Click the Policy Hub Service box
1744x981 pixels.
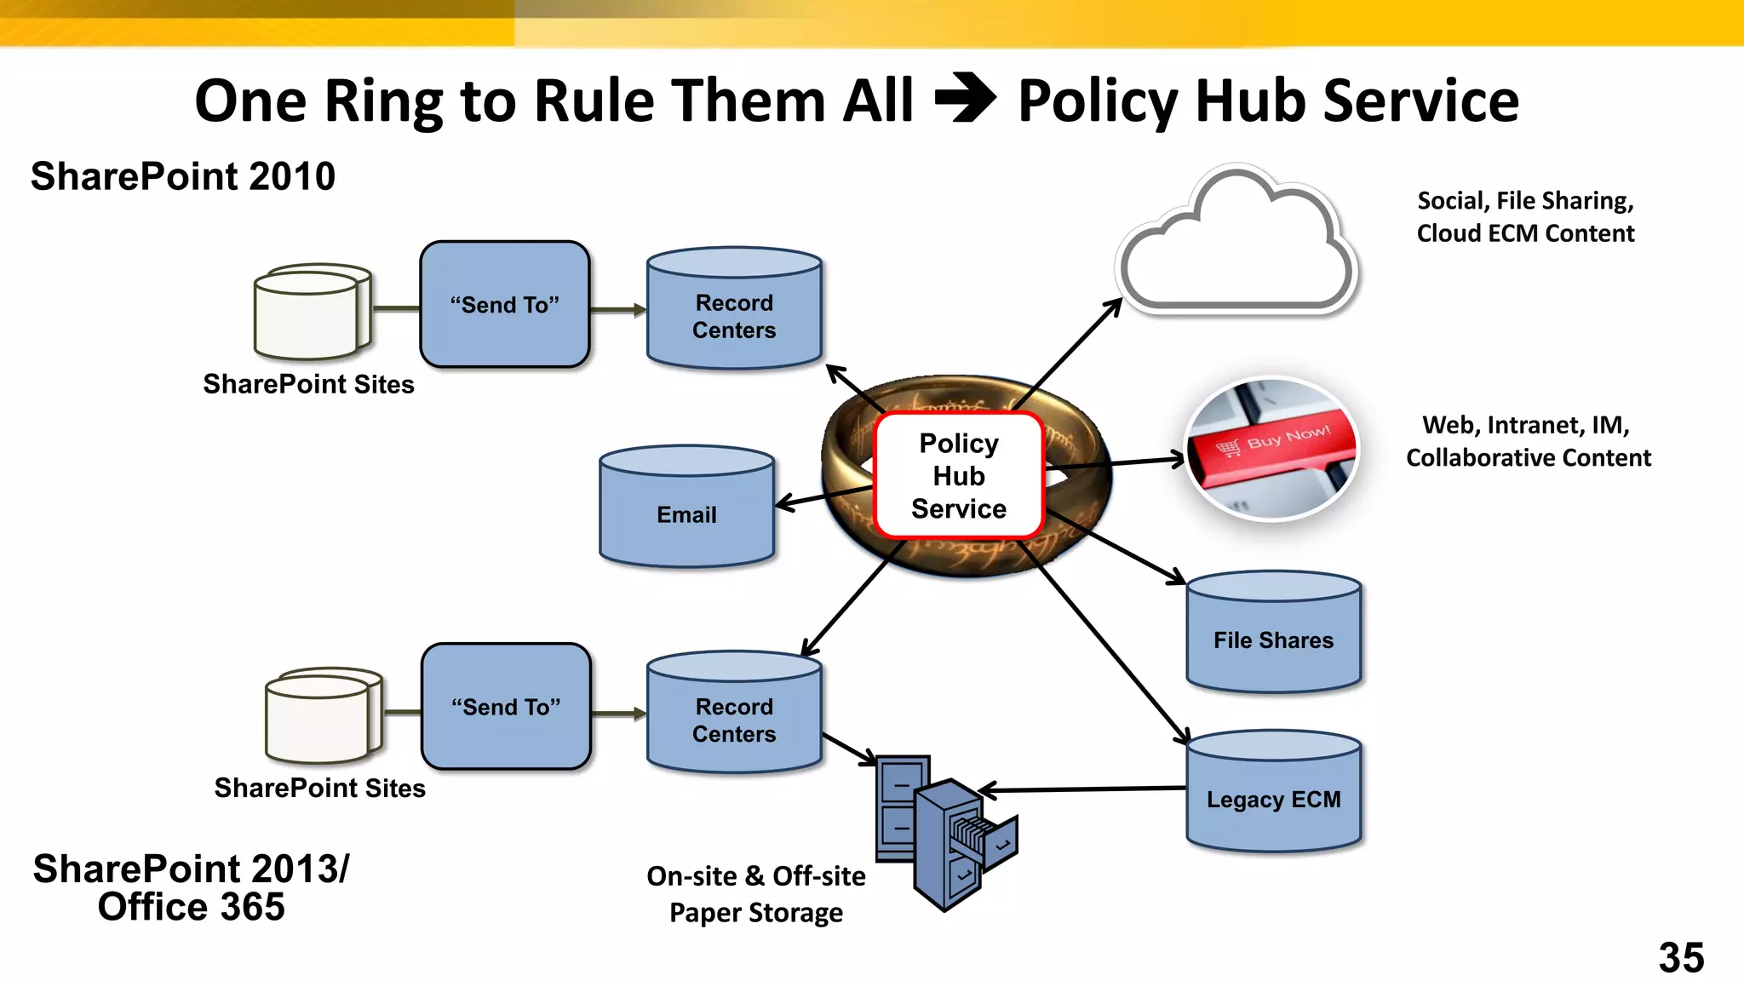[959, 475]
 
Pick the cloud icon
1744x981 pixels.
[1236, 247]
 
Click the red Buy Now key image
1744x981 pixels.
[1272, 449]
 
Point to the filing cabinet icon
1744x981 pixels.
[944, 830]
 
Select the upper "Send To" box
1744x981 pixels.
[505, 304]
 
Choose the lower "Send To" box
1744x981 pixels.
[506, 707]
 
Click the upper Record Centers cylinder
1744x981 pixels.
[734, 310]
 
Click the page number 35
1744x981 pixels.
[1681, 957]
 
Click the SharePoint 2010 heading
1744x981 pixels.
[183, 176]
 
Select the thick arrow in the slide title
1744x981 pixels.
[966, 99]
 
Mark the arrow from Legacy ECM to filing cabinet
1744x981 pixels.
[1081, 789]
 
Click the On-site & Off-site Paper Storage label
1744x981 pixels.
[755, 894]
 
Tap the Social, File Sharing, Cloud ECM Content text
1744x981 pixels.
[1525, 216]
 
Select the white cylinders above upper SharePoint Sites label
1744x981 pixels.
[313, 311]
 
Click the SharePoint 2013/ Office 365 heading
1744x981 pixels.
[191, 887]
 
